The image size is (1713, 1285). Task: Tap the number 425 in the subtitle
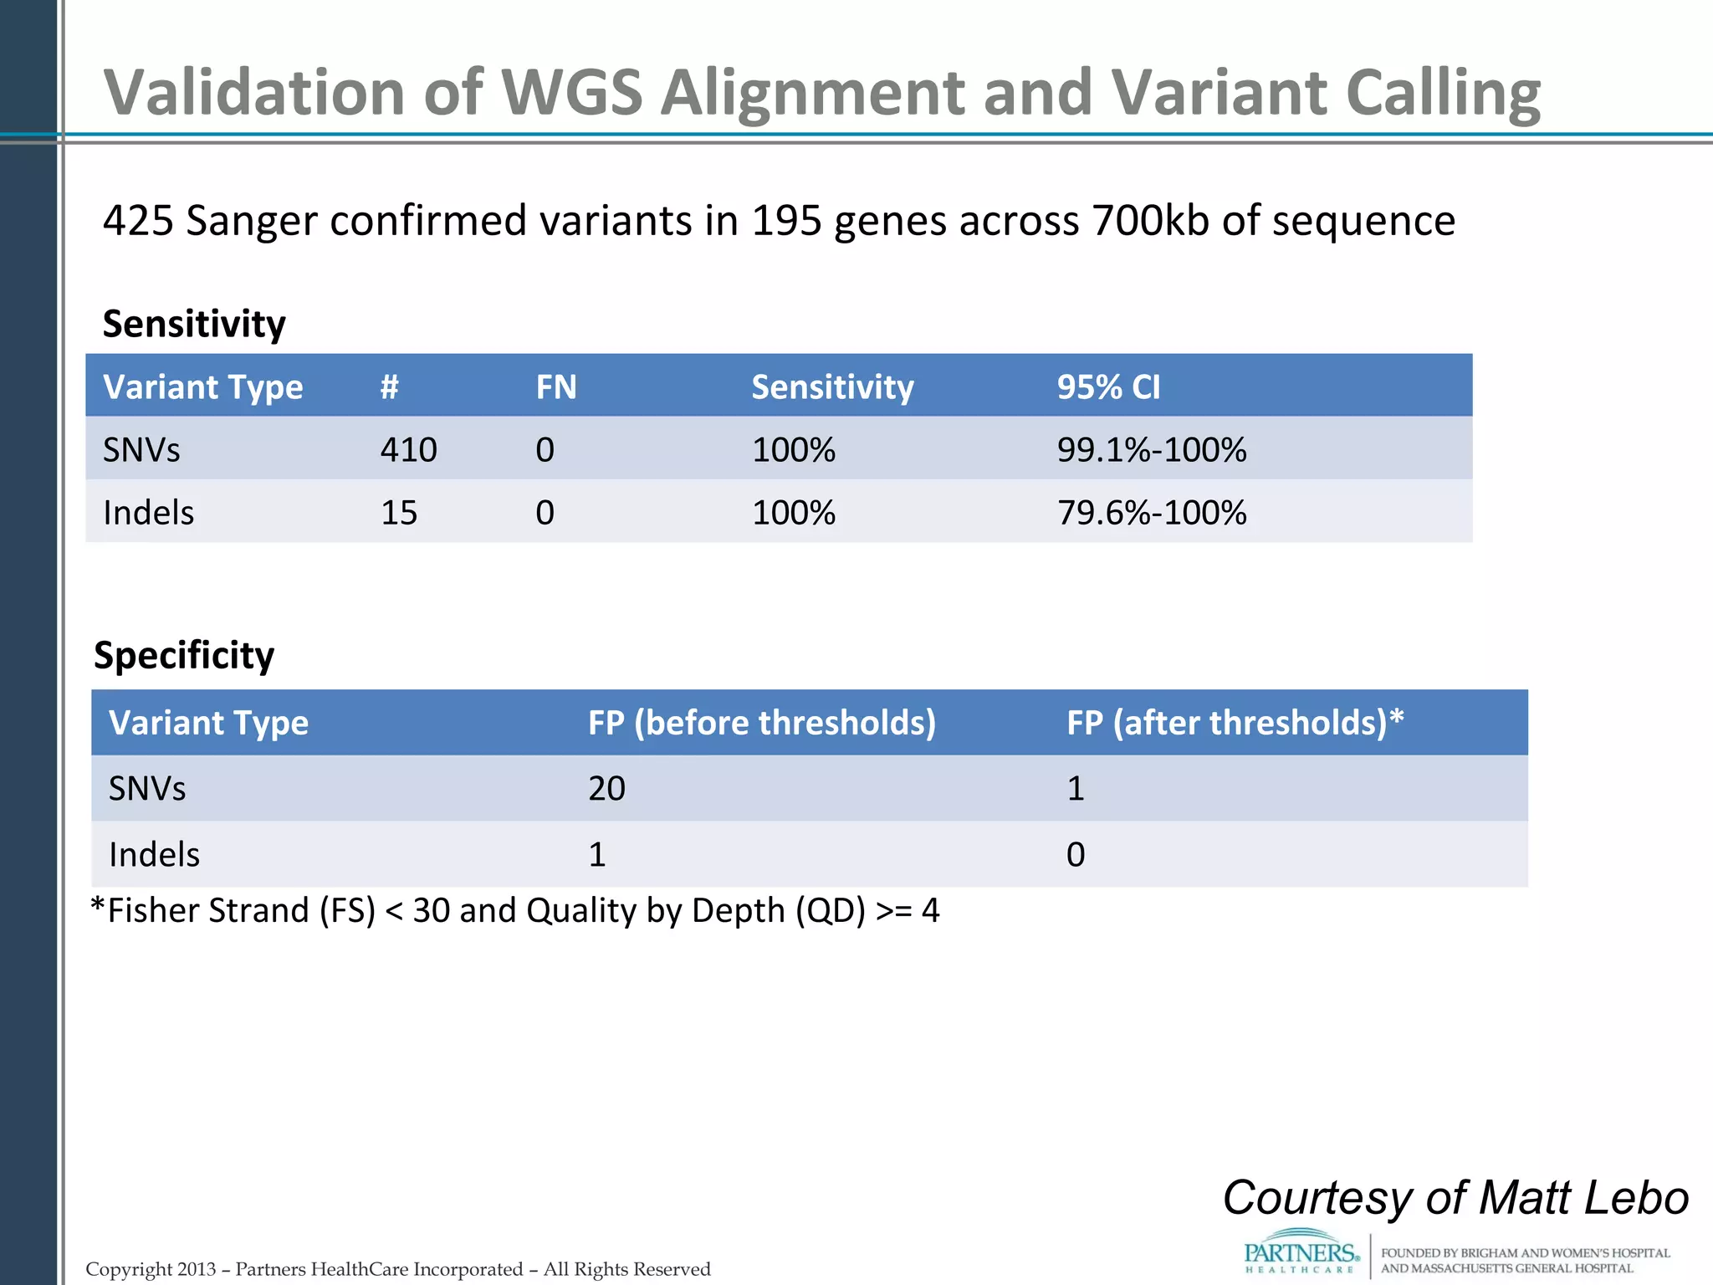pos(138,221)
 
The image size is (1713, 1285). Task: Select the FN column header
pos(556,387)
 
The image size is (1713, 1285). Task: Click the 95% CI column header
pos(1108,387)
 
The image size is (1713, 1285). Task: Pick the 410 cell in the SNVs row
pos(408,450)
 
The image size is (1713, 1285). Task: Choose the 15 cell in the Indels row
pos(399,513)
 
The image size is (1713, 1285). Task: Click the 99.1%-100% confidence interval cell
pos(1151,450)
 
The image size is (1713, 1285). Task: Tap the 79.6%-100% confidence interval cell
pos(1151,513)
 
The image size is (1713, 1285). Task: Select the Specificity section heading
pos(184,655)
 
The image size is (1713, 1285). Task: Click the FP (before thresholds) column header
pos(761,723)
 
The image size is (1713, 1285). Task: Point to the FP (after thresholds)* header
pos(1235,723)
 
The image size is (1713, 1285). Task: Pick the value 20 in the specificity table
pos(606,789)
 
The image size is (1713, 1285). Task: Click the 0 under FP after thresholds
pos(1076,855)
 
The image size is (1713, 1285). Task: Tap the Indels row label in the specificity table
pos(154,855)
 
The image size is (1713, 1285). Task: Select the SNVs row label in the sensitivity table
pos(141,450)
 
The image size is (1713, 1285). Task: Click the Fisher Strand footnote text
pos(514,910)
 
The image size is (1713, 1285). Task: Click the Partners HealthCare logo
pos(1301,1252)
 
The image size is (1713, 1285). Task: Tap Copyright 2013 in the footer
pos(151,1269)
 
